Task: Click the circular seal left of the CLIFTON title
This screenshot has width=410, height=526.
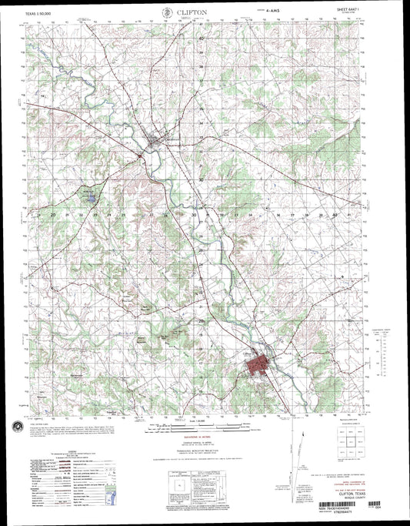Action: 168,12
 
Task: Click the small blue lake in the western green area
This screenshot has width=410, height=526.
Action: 91,199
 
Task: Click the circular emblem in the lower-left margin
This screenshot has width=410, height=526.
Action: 16,425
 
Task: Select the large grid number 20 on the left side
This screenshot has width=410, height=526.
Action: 55,216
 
